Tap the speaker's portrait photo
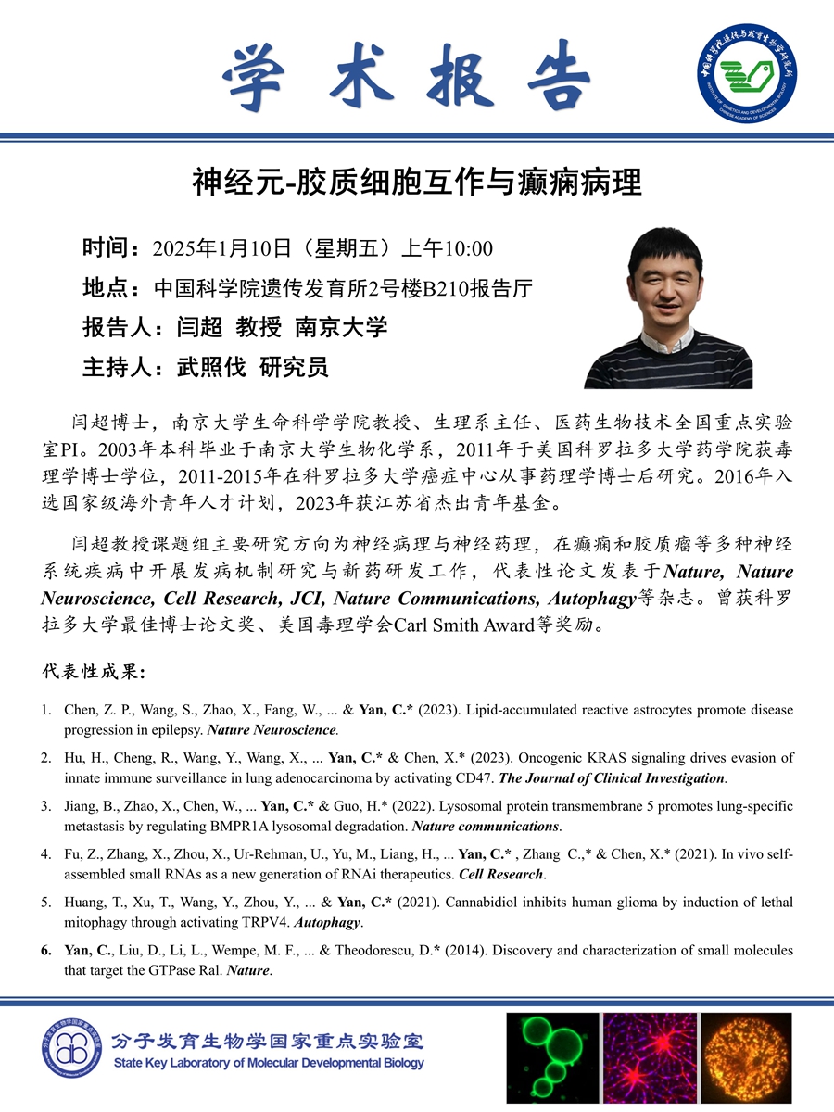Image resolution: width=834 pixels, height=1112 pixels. [667, 309]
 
